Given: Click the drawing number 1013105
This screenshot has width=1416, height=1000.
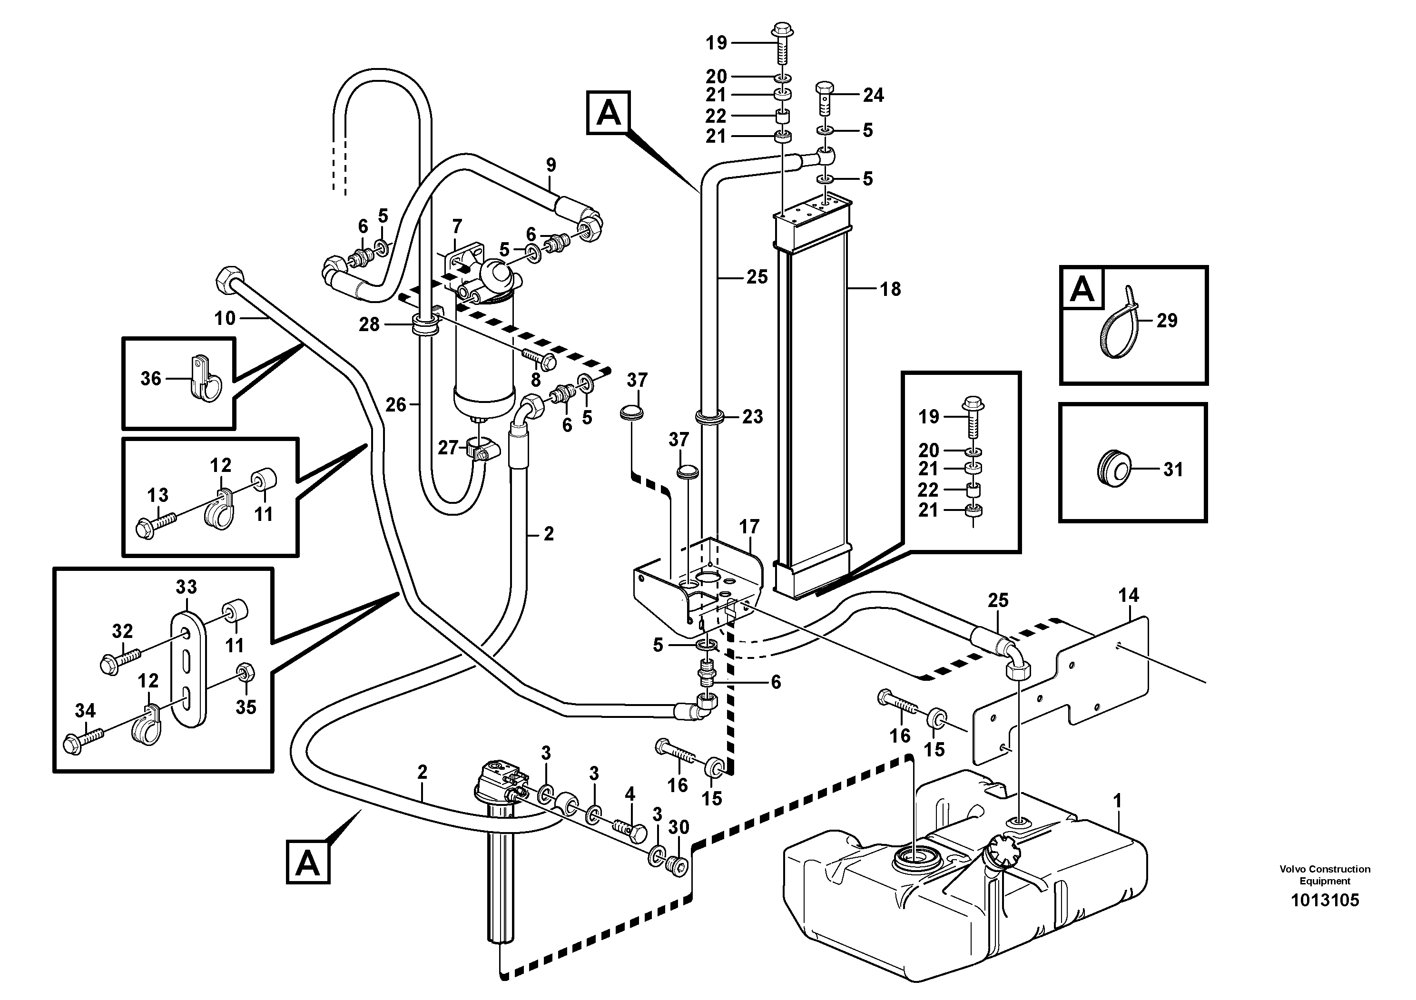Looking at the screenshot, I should click(1325, 900).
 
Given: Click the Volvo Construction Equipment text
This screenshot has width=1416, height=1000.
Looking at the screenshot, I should click(1325, 875).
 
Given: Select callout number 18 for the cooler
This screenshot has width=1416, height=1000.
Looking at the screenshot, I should click(890, 289).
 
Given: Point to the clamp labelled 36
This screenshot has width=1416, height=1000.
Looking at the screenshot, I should click(202, 379).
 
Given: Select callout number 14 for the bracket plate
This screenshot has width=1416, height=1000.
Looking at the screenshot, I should click(1128, 595).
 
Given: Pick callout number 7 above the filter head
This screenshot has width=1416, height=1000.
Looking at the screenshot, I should click(456, 226).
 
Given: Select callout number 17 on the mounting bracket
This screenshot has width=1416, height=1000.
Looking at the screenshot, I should click(749, 527).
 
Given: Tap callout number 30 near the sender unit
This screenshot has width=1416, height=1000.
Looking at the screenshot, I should click(678, 827).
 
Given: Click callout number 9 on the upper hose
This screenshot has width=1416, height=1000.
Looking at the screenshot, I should click(551, 165).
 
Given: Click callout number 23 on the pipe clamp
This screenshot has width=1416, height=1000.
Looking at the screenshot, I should click(752, 417).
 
